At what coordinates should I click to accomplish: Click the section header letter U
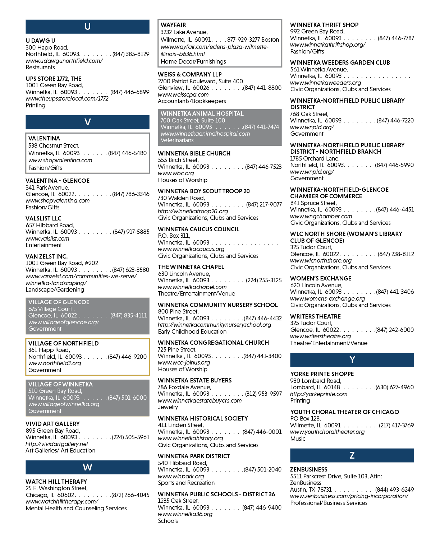click(x=87, y=27)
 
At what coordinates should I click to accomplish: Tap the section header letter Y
click(x=352, y=360)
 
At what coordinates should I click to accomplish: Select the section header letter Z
click(x=352, y=455)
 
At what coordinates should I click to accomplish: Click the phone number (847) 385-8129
click(x=131, y=54)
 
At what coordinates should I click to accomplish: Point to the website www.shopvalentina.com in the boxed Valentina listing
click(x=60, y=160)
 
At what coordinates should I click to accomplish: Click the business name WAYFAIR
click(x=173, y=25)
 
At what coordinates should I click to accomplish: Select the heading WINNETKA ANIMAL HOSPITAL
click(x=202, y=113)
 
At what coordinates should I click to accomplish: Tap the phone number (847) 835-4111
click(x=129, y=315)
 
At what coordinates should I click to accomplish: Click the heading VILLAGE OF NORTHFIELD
click(x=63, y=343)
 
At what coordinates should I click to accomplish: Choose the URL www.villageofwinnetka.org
click(x=64, y=404)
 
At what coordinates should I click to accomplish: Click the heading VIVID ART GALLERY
click(x=52, y=424)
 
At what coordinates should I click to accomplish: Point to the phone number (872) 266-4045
click(x=130, y=495)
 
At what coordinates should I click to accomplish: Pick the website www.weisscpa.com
click(x=183, y=94)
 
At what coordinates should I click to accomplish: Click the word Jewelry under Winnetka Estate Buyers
click(x=168, y=407)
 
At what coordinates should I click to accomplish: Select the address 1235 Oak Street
click(x=178, y=501)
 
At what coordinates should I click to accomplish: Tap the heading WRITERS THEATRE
click(x=316, y=316)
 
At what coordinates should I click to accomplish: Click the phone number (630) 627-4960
click(x=395, y=387)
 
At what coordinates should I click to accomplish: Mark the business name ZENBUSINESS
click(x=309, y=469)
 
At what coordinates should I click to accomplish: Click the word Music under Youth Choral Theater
click(x=298, y=438)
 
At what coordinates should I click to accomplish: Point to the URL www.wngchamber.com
click(x=321, y=216)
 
